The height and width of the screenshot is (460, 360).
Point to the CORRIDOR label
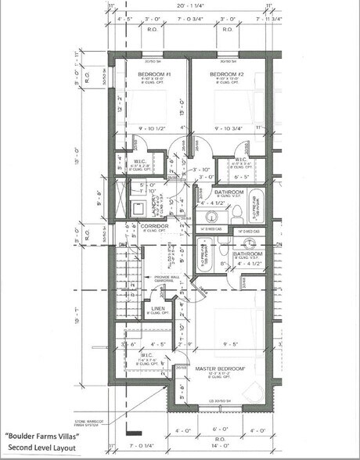(154, 226)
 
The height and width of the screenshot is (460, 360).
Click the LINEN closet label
(157, 309)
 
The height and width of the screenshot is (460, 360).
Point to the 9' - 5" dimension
(230, 343)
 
